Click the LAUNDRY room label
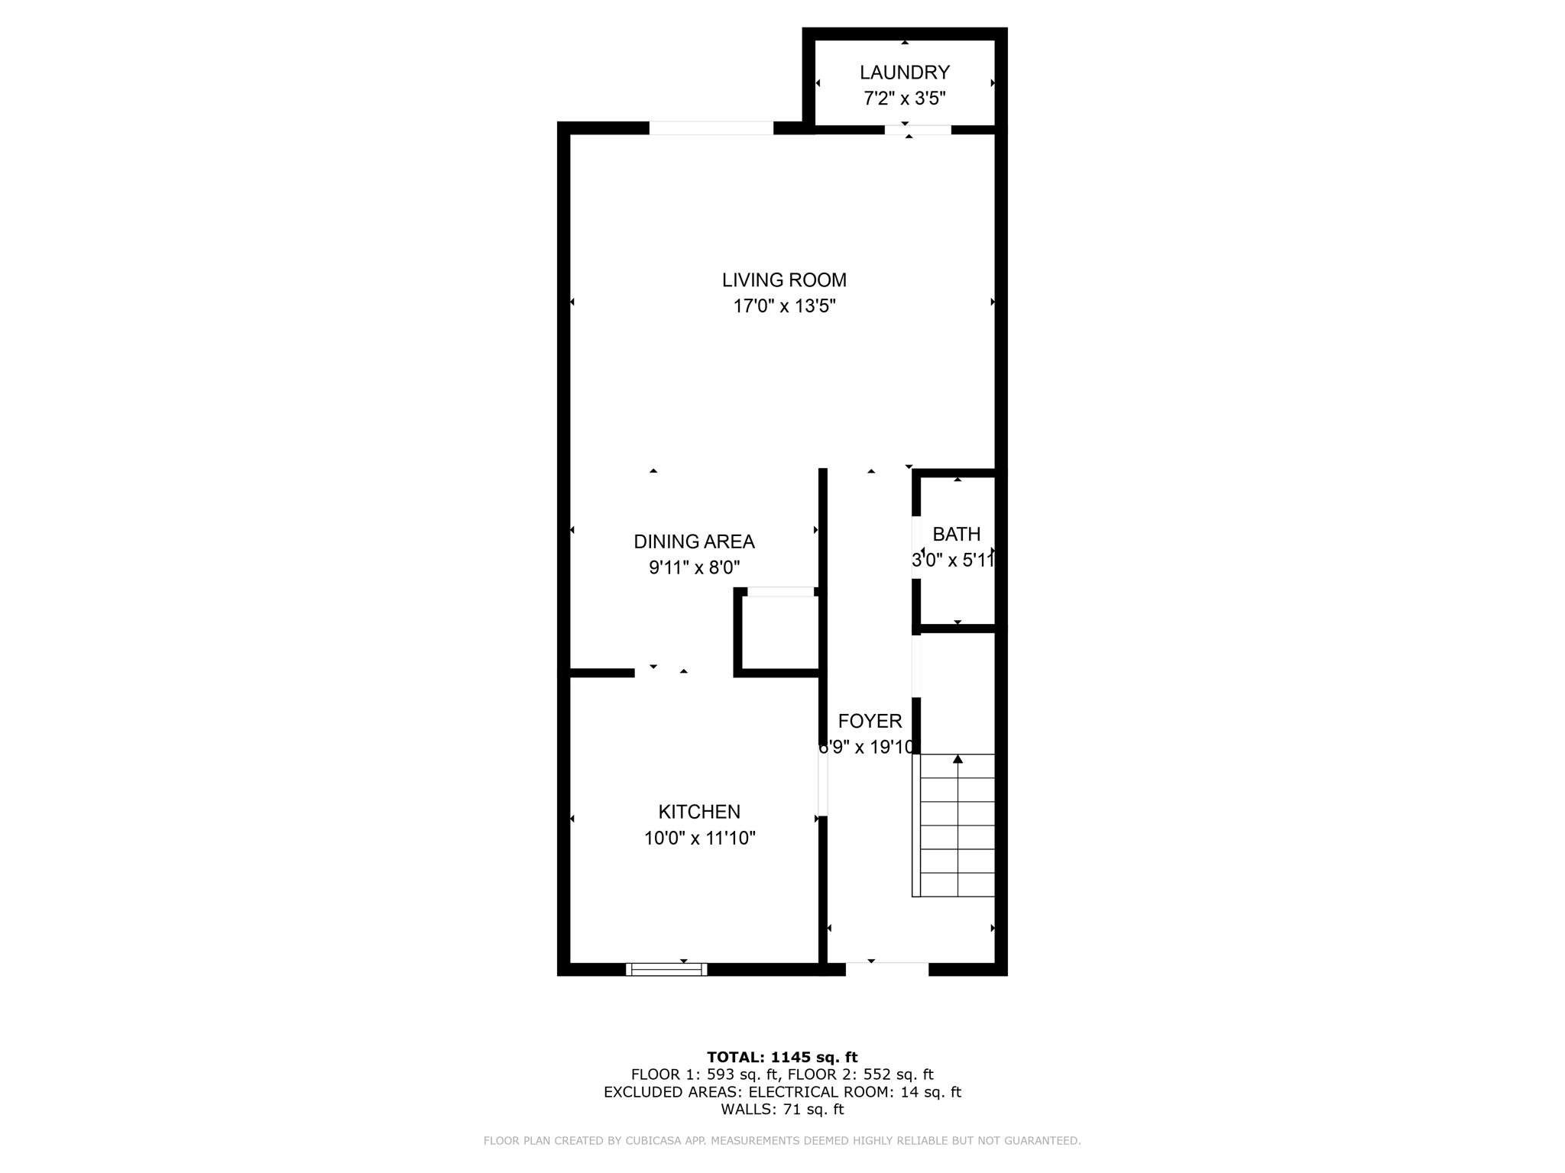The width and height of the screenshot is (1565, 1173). pyautogui.click(x=904, y=73)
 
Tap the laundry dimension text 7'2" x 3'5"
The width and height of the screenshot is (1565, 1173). pyautogui.click(x=904, y=99)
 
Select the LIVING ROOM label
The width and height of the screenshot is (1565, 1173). pyautogui.click(x=784, y=280)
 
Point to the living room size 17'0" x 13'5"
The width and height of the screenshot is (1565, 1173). pyautogui.click(x=784, y=306)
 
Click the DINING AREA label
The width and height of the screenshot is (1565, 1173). pyautogui.click(x=694, y=541)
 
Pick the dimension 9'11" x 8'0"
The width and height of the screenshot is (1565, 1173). pyautogui.click(x=694, y=567)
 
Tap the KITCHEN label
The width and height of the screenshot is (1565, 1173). pyautogui.click(x=699, y=812)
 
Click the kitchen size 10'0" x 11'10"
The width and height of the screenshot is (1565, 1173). pyautogui.click(x=699, y=838)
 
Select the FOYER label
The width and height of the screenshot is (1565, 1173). pyautogui.click(x=870, y=721)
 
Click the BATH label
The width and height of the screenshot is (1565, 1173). pyautogui.click(x=956, y=534)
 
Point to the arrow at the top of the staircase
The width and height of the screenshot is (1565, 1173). pyautogui.click(x=957, y=758)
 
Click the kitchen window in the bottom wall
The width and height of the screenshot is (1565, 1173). pyautogui.click(x=666, y=969)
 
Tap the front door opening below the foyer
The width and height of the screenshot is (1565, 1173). pyautogui.click(x=886, y=969)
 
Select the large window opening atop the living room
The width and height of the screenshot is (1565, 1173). pyautogui.click(x=711, y=128)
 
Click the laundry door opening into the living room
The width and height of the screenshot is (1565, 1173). pyautogui.click(x=917, y=130)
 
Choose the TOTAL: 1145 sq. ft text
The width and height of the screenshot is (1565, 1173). pyautogui.click(x=782, y=1057)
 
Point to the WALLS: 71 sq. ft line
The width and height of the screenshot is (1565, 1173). pyautogui.click(x=782, y=1110)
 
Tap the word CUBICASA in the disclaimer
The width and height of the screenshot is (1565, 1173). pyautogui.click(x=653, y=1141)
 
